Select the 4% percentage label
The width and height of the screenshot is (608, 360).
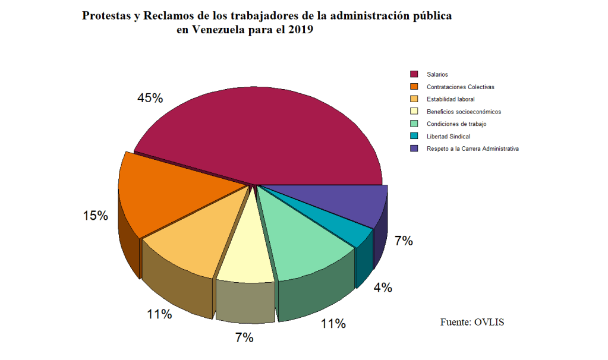pyautogui.click(x=382, y=288)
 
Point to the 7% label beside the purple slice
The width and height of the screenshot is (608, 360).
pyautogui.click(x=404, y=241)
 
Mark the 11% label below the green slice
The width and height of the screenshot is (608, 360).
pyautogui.click(x=333, y=324)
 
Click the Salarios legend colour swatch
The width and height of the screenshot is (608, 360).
pyautogui.click(x=414, y=74)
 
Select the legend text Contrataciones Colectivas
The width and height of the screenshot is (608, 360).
pyautogui.click(x=460, y=87)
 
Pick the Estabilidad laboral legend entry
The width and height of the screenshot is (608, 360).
pyautogui.click(x=451, y=99)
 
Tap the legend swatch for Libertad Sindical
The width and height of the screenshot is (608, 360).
pyautogui.click(x=414, y=136)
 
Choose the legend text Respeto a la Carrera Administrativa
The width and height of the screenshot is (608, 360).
pyautogui.click(x=472, y=149)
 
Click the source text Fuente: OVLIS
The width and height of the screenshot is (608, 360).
pyautogui.click(x=472, y=322)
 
